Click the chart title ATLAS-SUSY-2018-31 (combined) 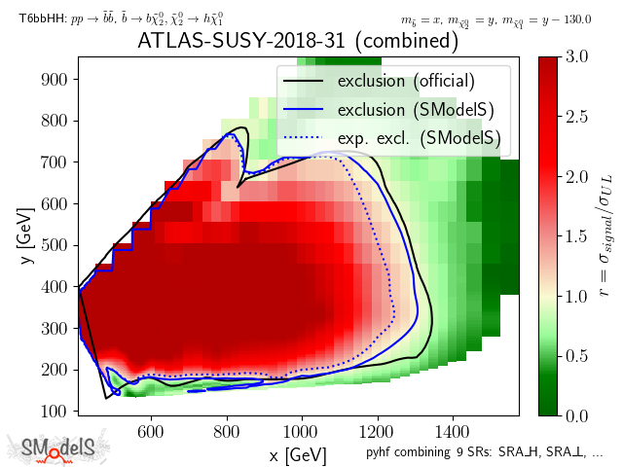point(297,42)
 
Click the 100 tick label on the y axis point(57,411)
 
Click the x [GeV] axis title point(297,454)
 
